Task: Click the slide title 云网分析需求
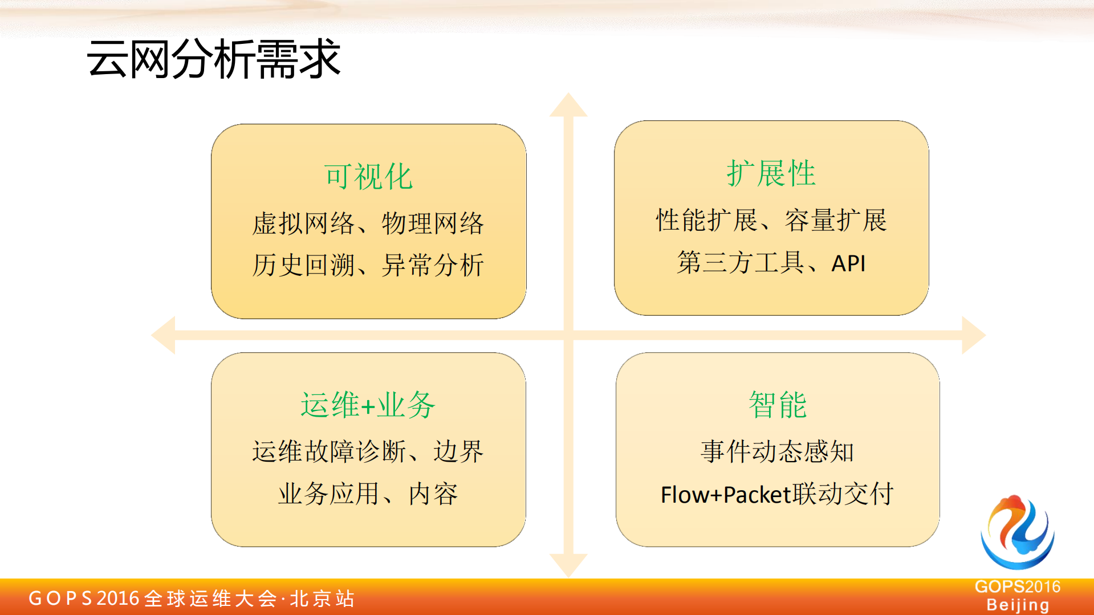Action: pos(213,59)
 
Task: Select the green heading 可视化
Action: pos(368,176)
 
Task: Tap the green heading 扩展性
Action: pos(771,173)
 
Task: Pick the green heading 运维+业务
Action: pos(368,405)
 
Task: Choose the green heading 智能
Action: pos(777,405)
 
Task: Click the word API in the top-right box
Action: pos(848,263)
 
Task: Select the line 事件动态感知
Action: pos(777,451)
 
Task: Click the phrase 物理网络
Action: pos(433,223)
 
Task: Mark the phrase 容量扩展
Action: pos(836,221)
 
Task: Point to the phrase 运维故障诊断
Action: pos(330,451)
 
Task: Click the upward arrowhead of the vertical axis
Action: pos(568,106)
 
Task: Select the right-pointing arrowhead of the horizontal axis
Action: pos(973,335)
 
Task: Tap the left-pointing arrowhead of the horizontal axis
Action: pos(164,335)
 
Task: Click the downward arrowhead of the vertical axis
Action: pos(568,564)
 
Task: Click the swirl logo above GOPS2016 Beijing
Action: pos(1018,532)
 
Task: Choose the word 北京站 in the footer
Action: pos(322,598)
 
